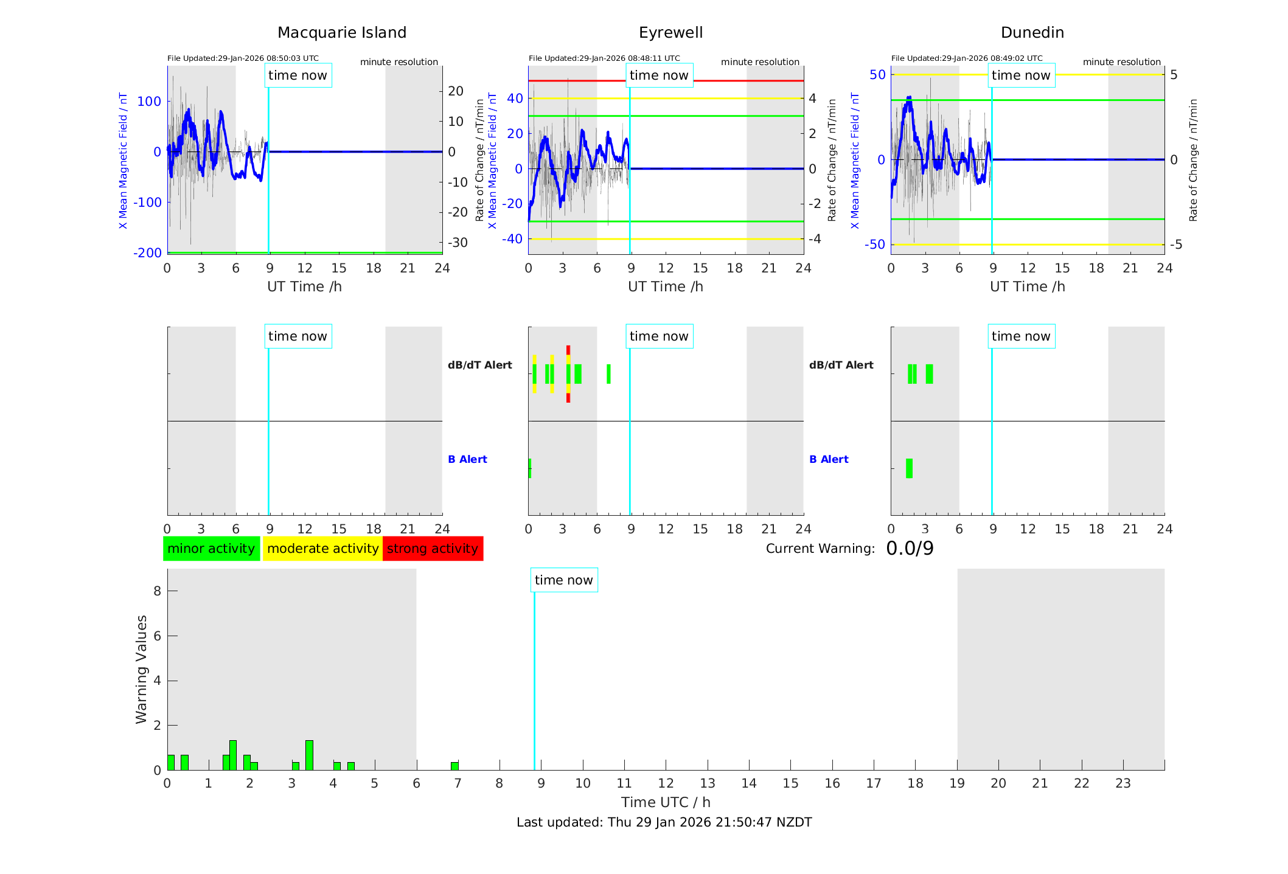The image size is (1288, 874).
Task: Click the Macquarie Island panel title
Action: [x=341, y=33]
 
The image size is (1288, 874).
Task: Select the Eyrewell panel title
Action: [x=670, y=33]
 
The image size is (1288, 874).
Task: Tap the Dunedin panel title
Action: [x=1032, y=33]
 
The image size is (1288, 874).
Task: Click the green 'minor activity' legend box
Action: [x=211, y=549]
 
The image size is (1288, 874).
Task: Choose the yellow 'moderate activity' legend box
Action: [x=322, y=549]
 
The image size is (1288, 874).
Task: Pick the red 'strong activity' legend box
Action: [x=433, y=549]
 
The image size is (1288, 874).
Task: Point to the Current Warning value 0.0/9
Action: [x=910, y=549]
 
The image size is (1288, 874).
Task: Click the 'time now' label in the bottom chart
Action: [x=563, y=580]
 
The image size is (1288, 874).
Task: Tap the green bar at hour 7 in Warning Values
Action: [x=454, y=766]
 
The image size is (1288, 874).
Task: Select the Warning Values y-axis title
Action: [x=142, y=669]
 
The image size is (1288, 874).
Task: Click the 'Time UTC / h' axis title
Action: [x=666, y=802]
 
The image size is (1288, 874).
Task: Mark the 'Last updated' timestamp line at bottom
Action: [x=664, y=822]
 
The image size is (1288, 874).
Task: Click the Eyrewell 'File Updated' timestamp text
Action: [x=604, y=58]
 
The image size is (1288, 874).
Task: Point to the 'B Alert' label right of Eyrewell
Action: [x=829, y=459]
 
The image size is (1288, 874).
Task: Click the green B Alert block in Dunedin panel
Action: [x=909, y=468]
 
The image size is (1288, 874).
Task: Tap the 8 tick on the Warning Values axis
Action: [x=158, y=591]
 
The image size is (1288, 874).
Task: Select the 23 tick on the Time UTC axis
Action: [x=1123, y=783]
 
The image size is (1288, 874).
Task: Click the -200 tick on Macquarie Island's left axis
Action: [x=148, y=252]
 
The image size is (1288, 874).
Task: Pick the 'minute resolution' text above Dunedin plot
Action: [x=1121, y=62]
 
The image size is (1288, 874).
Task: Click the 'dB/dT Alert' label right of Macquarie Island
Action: [x=480, y=365]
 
